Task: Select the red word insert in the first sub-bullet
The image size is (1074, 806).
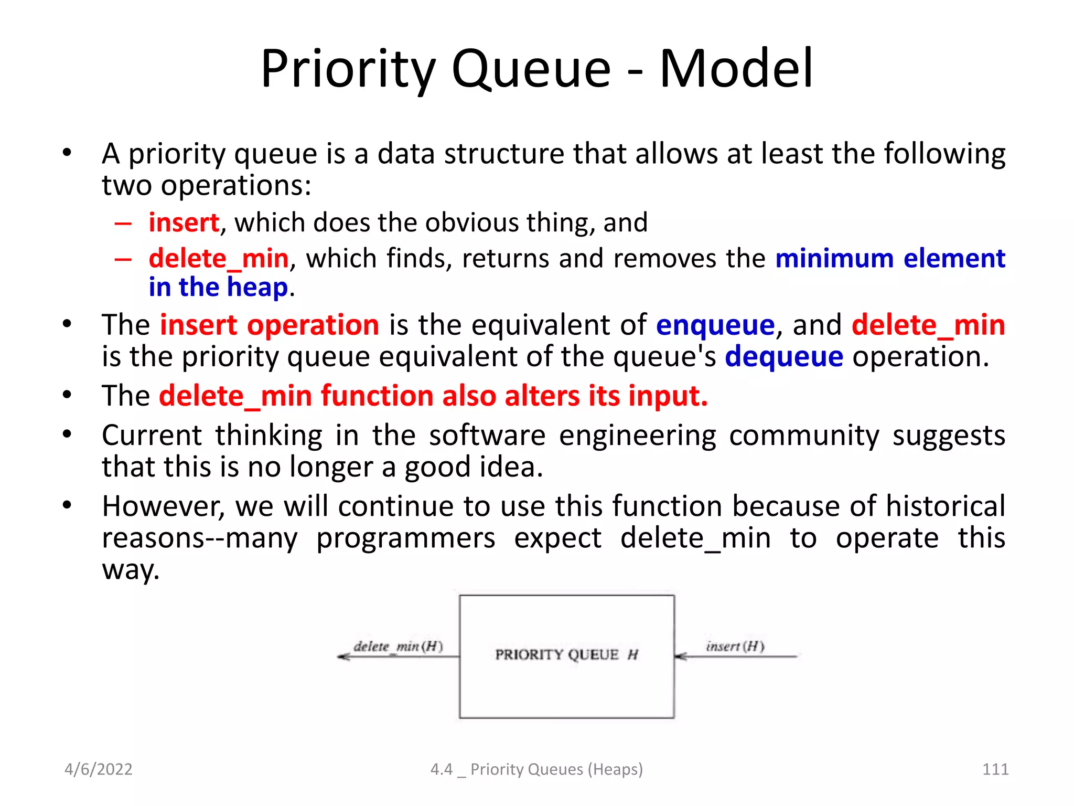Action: point(184,222)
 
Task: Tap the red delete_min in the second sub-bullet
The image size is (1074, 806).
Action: point(219,258)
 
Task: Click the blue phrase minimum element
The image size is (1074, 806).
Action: point(890,258)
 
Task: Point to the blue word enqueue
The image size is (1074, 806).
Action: point(715,325)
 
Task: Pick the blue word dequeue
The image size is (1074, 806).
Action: point(784,357)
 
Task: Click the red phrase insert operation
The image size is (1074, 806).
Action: point(270,325)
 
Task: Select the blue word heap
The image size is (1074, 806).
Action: point(257,287)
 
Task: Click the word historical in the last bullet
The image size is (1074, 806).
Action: point(946,506)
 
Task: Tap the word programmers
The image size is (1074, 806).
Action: point(405,538)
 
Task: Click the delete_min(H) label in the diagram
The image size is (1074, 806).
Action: point(398,646)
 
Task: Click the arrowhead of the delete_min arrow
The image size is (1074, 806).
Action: point(343,656)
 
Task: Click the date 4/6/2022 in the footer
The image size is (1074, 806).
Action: point(98,769)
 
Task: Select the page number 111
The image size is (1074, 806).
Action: point(995,769)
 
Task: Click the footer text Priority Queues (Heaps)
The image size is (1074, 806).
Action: point(556,769)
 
